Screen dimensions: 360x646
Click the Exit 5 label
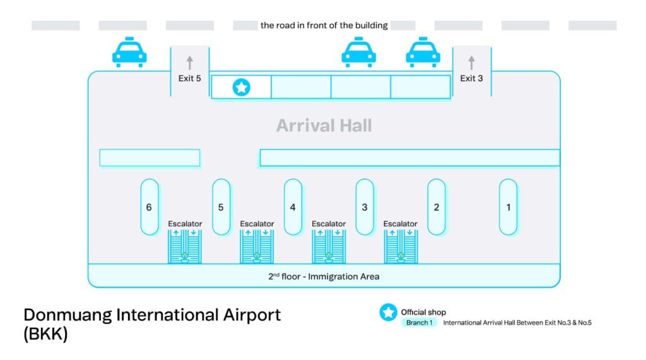189,79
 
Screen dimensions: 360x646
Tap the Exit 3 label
471,79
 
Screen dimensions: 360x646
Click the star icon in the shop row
241,88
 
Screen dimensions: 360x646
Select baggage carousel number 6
150,207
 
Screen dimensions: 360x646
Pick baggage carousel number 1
508,207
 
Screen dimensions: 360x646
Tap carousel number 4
293,207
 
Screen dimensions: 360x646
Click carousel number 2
437,207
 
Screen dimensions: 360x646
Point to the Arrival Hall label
324,125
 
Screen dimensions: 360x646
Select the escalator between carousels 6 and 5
185,246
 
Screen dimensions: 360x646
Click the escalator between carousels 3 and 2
401,246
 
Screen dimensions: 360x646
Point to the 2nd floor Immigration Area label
324,276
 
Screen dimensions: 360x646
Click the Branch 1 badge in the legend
420,323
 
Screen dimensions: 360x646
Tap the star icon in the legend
389,312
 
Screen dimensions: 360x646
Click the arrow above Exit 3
471,62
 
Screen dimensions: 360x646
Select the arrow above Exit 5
189,62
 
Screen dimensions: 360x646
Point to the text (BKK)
45,335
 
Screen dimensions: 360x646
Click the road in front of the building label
324,26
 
